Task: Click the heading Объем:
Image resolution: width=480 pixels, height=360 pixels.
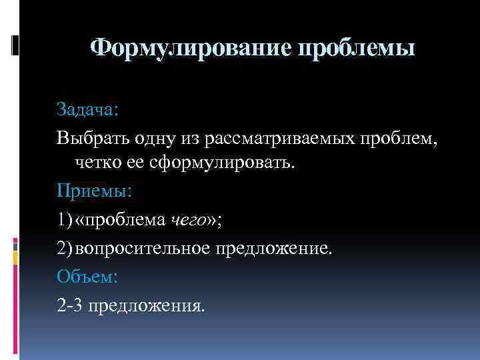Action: [x=86, y=275]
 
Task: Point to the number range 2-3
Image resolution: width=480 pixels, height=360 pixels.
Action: [x=70, y=305]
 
